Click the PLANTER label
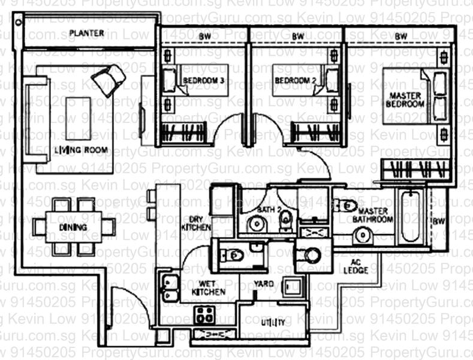pyautogui.click(x=86, y=33)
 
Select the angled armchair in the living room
pyautogui.click(x=109, y=79)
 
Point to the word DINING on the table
pyautogui.click(x=73, y=227)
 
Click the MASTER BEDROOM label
pyautogui.click(x=405, y=100)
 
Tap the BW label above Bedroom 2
pyautogui.click(x=298, y=37)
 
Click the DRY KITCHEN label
pyautogui.click(x=199, y=223)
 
